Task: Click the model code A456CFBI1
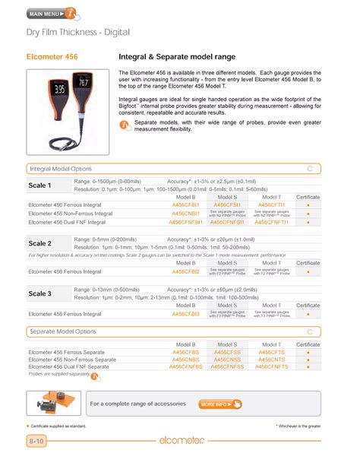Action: click(185, 204)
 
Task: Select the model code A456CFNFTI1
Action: click(271, 222)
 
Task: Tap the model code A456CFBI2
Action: click(185, 271)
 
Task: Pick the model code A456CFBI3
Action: click(185, 313)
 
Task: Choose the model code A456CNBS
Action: click(186, 360)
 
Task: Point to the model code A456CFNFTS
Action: click(271, 366)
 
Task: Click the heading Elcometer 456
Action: click(52, 57)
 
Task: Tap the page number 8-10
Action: click(36, 441)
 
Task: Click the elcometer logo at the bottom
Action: click(180, 441)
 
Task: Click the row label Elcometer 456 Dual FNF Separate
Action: click(68, 366)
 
